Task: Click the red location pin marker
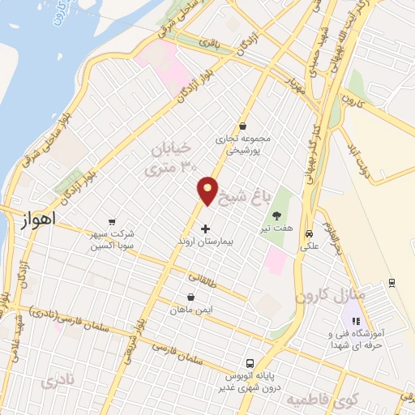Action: click(208, 190)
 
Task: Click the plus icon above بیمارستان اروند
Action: click(205, 229)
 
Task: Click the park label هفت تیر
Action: click(279, 229)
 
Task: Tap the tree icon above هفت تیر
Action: click(279, 216)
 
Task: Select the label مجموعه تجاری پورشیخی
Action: click(244, 144)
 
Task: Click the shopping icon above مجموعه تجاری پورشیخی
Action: click(244, 126)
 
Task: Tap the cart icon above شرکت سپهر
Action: click(112, 221)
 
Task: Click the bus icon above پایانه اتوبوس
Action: click(250, 364)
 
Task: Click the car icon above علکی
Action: click(308, 233)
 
